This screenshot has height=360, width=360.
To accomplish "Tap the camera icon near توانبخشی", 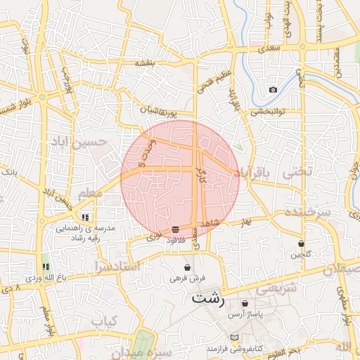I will pyautogui.click(x=273, y=89).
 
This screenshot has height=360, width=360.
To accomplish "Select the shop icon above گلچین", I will pyautogui.click(x=301, y=243).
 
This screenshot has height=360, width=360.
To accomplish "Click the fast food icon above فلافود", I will pyautogui.click(x=174, y=229).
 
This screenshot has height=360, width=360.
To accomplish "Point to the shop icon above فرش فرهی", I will pyautogui.click(x=187, y=267).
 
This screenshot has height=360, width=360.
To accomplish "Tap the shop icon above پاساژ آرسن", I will pyautogui.click(x=245, y=303).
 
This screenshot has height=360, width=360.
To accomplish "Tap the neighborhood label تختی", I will pyautogui.click(x=295, y=172).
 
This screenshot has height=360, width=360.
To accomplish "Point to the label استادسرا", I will pyautogui.click(x=117, y=266).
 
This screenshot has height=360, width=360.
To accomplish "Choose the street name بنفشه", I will pyautogui.click(x=145, y=63).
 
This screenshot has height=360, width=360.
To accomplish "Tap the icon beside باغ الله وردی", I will pyautogui.click(x=46, y=266).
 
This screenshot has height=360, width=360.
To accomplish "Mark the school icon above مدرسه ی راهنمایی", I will pyautogui.click(x=85, y=217).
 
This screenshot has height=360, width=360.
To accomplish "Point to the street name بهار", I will pyautogui.click(x=245, y=222).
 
